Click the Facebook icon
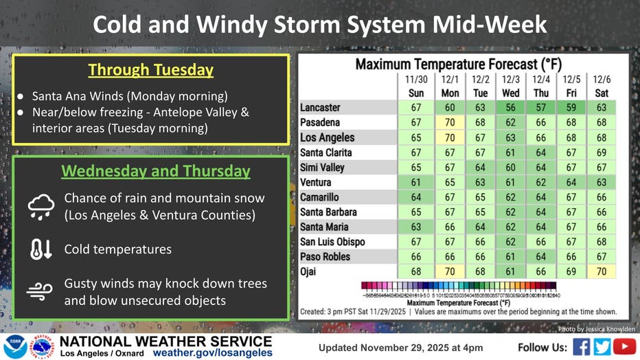[x=581, y=346]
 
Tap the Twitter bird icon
[x=602, y=346]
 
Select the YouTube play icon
[x=624, y=346]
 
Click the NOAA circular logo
[x=14, y=347]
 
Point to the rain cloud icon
[x=41, y=205]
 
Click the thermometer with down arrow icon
[x=41, y=249]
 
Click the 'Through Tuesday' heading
[x=150, y=70]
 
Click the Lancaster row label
[x=320, y=108]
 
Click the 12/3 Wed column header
[x=510, y=86]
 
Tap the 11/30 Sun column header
[x=416, y=86]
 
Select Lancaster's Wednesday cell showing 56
[x=510, y=108]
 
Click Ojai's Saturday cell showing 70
[x=602, y=271]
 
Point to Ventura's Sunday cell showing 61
[x=416, y=182]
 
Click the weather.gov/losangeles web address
[x=212, y=352]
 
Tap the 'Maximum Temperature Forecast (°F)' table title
[x=458, y=65]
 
